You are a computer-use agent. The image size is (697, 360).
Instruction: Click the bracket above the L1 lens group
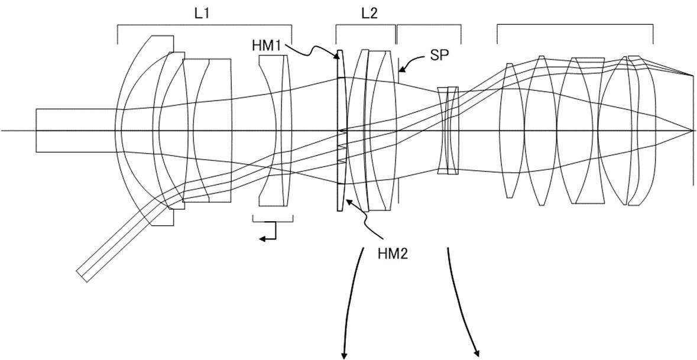205,25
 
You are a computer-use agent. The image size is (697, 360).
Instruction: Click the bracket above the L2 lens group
365,25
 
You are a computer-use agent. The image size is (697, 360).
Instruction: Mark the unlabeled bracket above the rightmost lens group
575,25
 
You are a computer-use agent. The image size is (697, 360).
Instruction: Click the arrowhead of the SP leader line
401,70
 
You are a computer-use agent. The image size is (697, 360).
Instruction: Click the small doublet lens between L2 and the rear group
448,130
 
